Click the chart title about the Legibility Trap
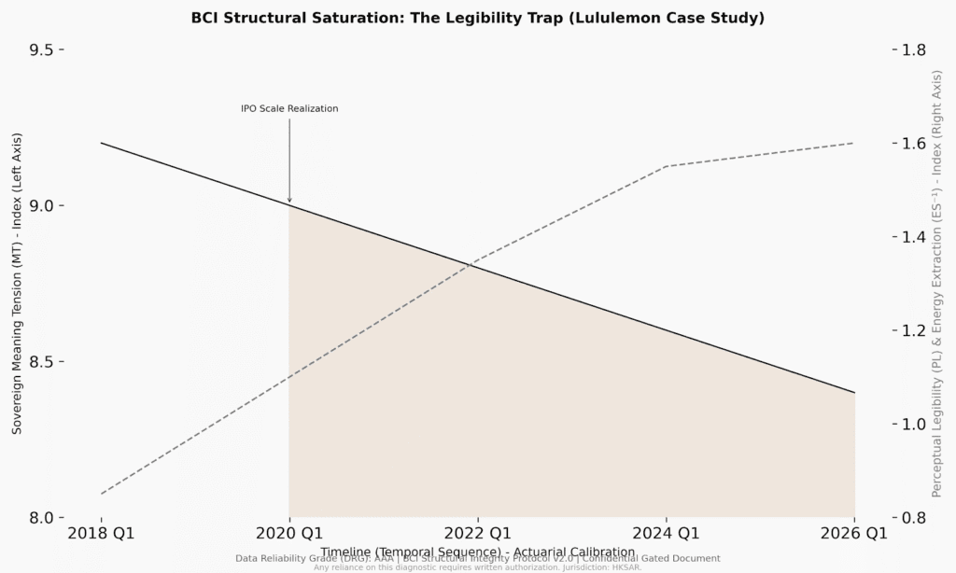click(477, 18)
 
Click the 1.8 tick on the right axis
click(913, 49)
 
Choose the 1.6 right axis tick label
click(913, 143)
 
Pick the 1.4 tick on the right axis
click(913, 236)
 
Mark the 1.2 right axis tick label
click(913, 330)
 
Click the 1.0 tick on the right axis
click(913, 424)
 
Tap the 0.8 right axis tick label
click(913, 517)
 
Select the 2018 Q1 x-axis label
click(101, 534)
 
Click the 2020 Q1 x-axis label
click(289, 534)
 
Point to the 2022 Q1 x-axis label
click(478, 534)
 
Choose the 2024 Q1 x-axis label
click(667, 534)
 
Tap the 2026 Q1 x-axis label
click(854, 534)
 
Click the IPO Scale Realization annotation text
click(289, 108)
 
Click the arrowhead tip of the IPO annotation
click(289, 203)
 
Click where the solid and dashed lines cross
click(469, 265)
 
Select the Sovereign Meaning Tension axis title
click(17, 283)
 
